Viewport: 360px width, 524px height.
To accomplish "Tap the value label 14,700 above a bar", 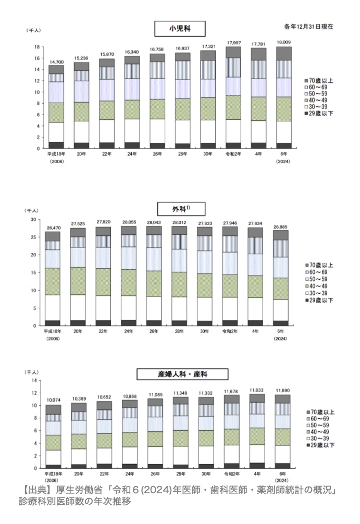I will pos(56,61).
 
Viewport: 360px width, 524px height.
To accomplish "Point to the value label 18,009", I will pos(283,43).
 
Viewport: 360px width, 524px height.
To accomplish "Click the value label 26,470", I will pos(53,228).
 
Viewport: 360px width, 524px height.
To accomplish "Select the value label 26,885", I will pos(280,227).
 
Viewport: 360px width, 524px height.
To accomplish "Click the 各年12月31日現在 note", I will pos(308,26).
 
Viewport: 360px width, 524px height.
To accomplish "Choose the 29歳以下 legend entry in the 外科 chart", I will pos(322,301).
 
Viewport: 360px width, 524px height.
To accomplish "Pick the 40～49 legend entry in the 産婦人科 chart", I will pos(321,432).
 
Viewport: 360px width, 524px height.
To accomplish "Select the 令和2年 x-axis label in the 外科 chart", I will pos(229,331).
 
